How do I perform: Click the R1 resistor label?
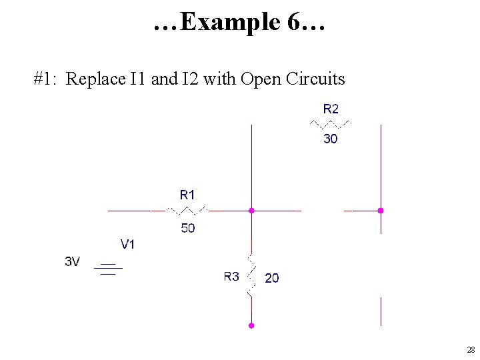coord(187,195)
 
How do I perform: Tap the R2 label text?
coord(331,108)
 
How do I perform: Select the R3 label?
coord(231,277)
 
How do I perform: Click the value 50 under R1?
coord(187,229)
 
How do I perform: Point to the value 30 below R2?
coord(330,139)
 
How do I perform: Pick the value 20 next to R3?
coord(272,278)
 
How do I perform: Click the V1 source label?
coord(127,244)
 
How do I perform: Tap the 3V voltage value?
coord(72,262)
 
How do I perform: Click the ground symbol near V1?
coord(108,269)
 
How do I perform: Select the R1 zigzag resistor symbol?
coord(187,211)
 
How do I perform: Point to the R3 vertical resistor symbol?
coord(251,275)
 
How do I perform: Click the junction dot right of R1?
coord(251,211)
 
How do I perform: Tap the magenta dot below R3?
coord(251,326)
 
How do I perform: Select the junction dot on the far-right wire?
coord(381,211)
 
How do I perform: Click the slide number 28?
coord(471,350)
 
